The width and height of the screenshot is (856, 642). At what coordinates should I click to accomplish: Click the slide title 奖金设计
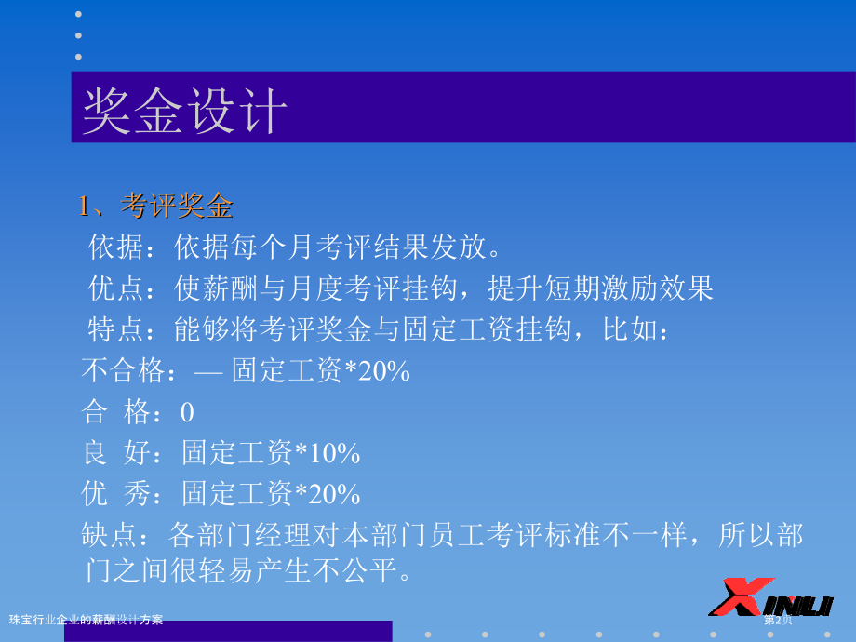(184, 111)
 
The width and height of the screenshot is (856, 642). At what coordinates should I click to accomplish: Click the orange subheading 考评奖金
(177, 206)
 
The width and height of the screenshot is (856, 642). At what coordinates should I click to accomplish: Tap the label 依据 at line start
(115, 247)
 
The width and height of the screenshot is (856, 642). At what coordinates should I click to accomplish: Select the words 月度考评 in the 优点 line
(344, 288)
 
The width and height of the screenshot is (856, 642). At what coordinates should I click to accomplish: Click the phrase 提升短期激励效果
(600, 288)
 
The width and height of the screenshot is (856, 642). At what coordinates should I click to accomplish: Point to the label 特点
(115, 329)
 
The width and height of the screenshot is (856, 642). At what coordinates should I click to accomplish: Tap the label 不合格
(124, 370)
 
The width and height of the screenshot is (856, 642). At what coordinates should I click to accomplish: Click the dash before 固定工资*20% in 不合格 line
(208, 373)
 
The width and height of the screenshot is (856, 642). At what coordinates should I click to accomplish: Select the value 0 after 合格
(187, 412)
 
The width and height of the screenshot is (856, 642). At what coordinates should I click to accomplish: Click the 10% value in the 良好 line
(334, 454)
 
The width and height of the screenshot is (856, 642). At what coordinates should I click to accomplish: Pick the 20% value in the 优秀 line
(334, 495)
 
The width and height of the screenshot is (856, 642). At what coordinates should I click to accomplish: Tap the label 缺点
(109, 534)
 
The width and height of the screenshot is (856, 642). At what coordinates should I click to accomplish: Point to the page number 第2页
(778, 620)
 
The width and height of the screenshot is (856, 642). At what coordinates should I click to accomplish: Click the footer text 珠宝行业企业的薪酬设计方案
(87, 620)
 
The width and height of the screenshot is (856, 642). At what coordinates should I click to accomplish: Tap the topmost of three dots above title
(78, 14)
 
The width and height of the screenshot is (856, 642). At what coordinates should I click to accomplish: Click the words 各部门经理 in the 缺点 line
(240, 534)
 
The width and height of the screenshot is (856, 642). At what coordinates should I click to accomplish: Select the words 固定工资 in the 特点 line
(460, 329)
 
